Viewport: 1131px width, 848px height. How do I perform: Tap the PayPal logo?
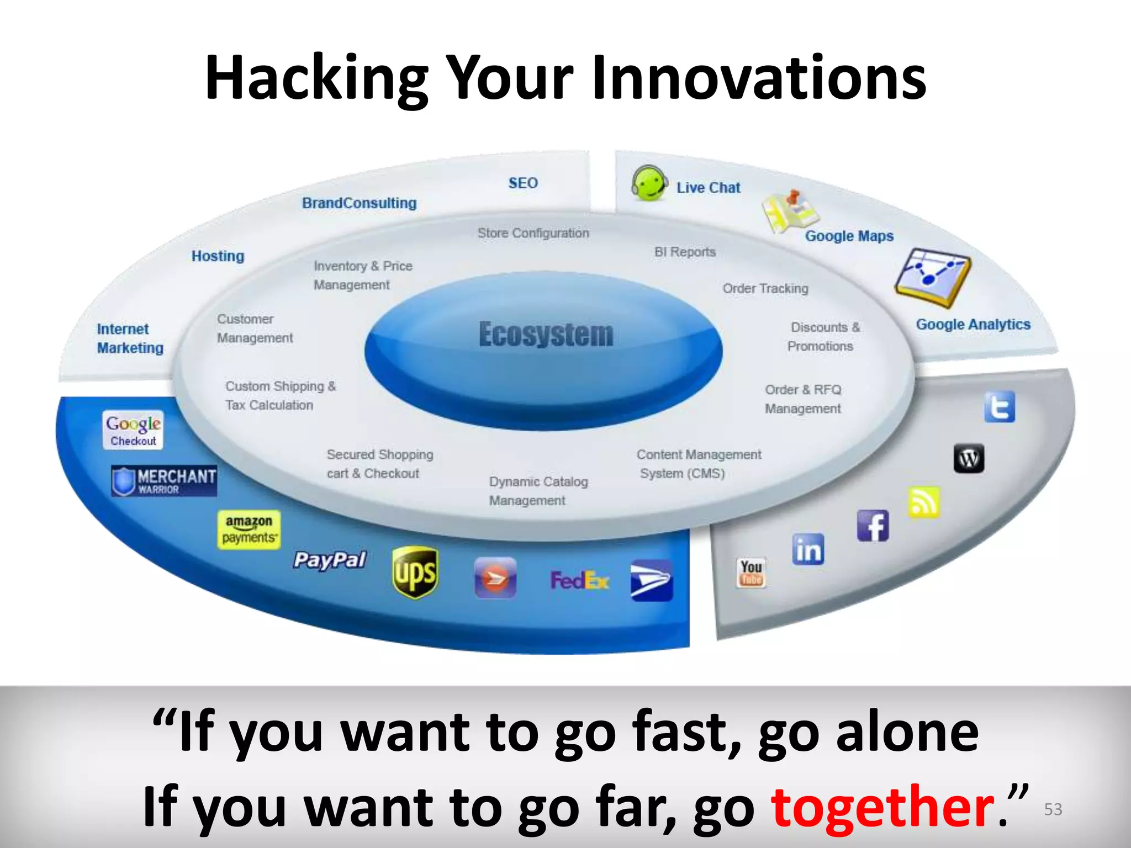tap(330, 560)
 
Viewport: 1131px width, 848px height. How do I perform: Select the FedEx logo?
tap(580, 580)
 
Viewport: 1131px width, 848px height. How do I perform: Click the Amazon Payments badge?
tap(249, 529)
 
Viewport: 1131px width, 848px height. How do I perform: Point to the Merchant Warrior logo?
tap(164, 480)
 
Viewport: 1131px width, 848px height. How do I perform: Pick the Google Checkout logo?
tap(133, 430)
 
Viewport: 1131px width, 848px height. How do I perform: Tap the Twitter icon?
tap(1000, 407)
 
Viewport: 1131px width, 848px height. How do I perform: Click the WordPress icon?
tap(969, 458)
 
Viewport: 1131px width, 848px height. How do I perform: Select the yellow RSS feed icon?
tap(924, 502)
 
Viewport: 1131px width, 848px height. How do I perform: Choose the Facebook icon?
tap(873, 526)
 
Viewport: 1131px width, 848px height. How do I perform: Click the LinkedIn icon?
tap(808, 549)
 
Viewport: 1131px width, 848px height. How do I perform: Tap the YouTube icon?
tap(752, 572)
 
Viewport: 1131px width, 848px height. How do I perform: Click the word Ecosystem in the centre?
tap(546, 335)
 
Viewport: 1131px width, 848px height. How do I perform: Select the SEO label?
tap(523, 183)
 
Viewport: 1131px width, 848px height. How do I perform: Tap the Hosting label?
tap(218, 256)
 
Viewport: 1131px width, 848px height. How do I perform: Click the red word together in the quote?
tap(882, 807)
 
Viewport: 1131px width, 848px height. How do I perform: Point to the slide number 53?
tap(1053, 809)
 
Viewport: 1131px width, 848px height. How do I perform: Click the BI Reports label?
tap(685, 252)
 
